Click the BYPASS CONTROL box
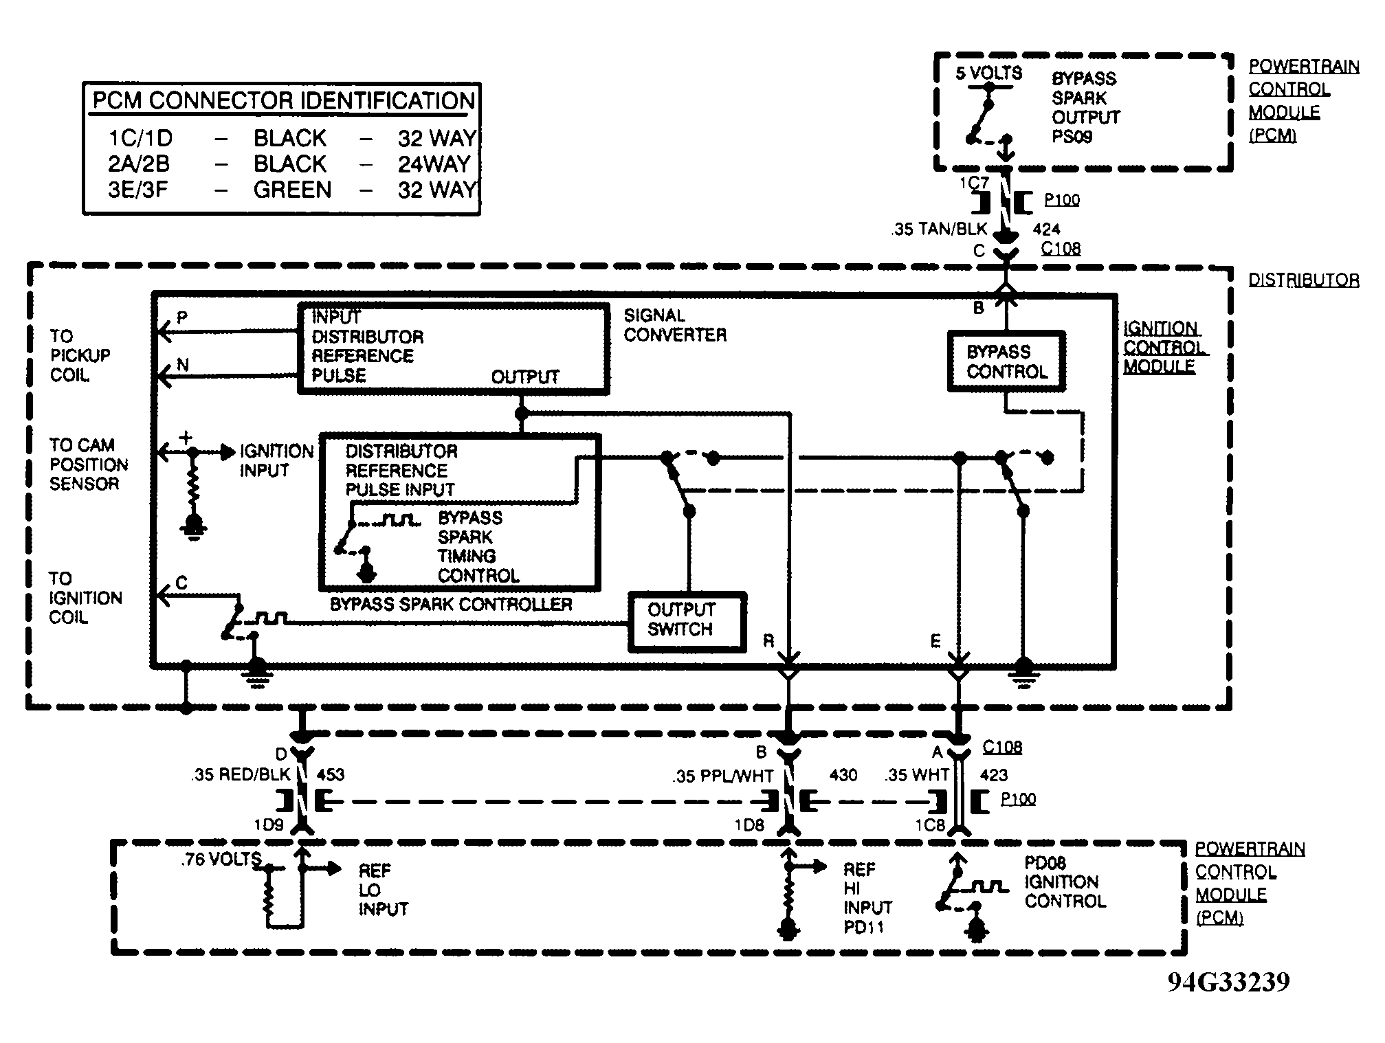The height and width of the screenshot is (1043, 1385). (1006, 362)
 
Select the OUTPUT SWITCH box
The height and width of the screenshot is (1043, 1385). (687, 622)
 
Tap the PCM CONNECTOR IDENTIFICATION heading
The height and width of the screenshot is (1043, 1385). (284, 101)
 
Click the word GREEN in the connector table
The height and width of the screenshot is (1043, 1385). (292, 190)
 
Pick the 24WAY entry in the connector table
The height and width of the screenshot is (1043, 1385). (434, 164)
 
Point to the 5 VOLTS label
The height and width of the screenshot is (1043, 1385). (988, 73)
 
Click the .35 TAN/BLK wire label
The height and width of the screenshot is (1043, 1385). (940, 229)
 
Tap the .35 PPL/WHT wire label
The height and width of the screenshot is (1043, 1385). (723, 776)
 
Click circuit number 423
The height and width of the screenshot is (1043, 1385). (993, 776)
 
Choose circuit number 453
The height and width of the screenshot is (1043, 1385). (330, 775)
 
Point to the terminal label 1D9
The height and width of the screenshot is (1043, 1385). (269, 825)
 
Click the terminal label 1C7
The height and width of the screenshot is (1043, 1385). (974, 183)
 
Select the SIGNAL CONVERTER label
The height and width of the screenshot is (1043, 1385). (674, 325)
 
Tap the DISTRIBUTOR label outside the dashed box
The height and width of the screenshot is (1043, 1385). (1303, 280)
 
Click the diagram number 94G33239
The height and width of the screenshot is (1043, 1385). (1228, 982)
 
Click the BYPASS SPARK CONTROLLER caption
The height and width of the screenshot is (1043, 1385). (451, 605)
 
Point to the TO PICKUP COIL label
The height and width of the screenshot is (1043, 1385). (80, 356)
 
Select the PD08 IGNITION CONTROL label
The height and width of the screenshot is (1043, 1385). (1065, 882)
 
